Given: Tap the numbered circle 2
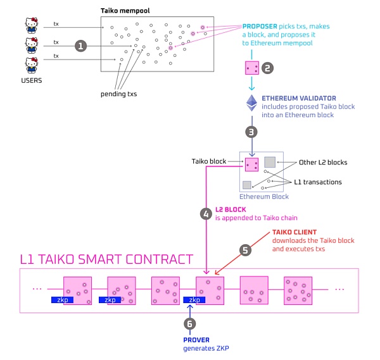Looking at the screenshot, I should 267,68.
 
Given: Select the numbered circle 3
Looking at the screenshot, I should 252,132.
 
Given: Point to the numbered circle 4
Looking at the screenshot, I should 205,213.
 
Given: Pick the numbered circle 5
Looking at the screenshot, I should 246,250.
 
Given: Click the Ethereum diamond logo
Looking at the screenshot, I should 252,104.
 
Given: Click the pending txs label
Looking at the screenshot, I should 118,94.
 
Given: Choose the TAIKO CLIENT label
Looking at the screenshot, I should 296,232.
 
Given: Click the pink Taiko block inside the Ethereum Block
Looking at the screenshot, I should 251,164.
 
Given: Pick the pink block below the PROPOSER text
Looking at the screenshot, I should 251,68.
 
